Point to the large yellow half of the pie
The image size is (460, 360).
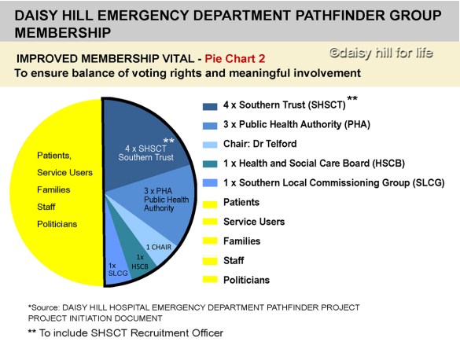pos(59,189)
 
